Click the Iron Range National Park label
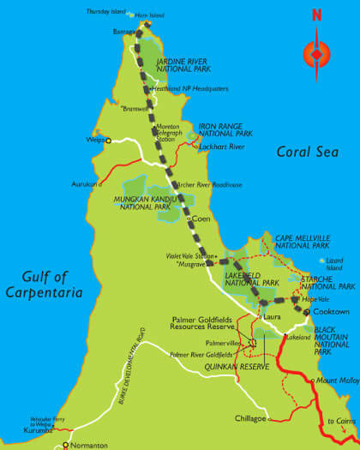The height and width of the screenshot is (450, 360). point(226,129)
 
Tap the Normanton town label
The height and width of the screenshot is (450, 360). point(89,446)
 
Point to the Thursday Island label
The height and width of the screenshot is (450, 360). point(105,13)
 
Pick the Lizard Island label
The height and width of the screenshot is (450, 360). point(336,262)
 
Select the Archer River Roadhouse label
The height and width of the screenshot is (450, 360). point(210,184)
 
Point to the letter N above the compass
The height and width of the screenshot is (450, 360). point(316,15)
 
